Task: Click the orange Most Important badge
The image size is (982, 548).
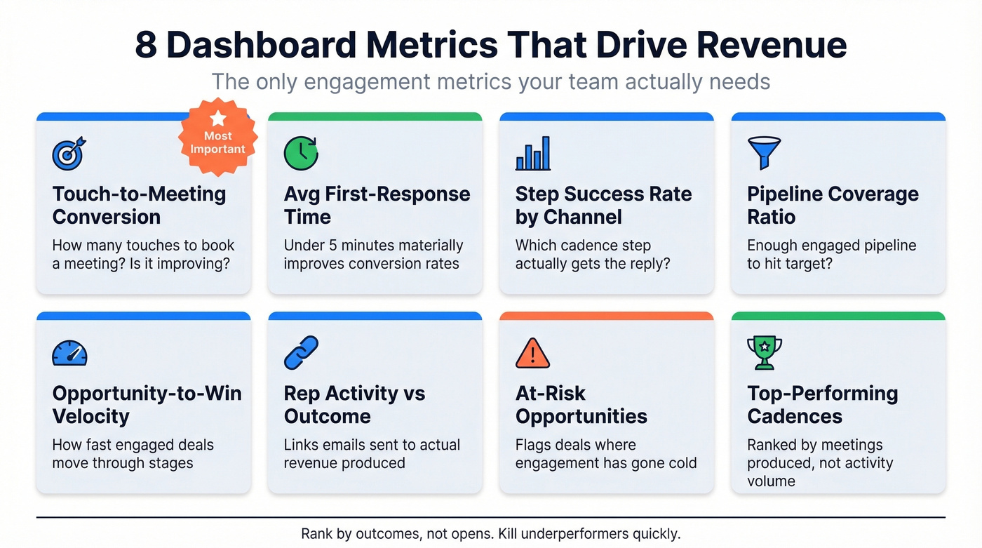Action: click(x=218, y=136)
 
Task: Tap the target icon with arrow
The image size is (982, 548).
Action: click(x=69, y=153)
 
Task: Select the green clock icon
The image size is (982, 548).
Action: click(x=301, y=153)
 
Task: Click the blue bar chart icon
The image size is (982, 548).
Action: click(x=533, y=154)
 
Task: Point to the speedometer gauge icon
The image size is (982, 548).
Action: click(x=69, y=353)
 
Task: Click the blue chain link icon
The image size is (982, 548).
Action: click(x=301, y=352)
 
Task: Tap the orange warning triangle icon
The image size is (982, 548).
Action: click(x=533, y=352)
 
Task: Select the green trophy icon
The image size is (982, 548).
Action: click(x=764, y=352)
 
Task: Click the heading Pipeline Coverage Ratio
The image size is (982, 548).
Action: click(x=832, y=205)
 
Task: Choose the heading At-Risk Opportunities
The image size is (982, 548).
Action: click(x=581, y=404)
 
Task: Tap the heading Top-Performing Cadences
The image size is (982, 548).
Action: click(x=822, y=404)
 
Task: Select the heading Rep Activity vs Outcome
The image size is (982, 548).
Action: click(x=354, y=404)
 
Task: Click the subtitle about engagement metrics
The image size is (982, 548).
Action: click(x=491, y=81)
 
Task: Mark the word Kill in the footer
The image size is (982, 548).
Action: click(x=511, y=533)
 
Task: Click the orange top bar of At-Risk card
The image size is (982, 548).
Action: click(x=606, y=316)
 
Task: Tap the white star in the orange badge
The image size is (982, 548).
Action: click(x=218, y=118)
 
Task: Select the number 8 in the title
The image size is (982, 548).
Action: click(x=145, y=45)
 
